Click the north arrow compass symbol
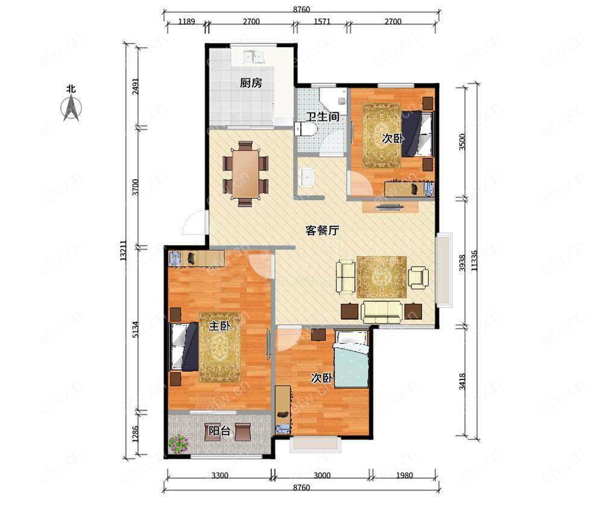point(72,108)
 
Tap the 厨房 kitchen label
point(251,83)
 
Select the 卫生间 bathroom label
point(322,116)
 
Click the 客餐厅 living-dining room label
point(322,230)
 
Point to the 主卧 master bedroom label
point(219,326)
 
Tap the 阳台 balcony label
point(219,431)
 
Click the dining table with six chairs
point(245,174)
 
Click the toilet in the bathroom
point(305,129)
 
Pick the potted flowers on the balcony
point(178,444)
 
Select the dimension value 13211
point(123,251)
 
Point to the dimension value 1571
point(322,22)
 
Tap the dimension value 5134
point(134,330)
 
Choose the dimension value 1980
point(404,475)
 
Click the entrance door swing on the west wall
point(194,223)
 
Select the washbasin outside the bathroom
point(306,177)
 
